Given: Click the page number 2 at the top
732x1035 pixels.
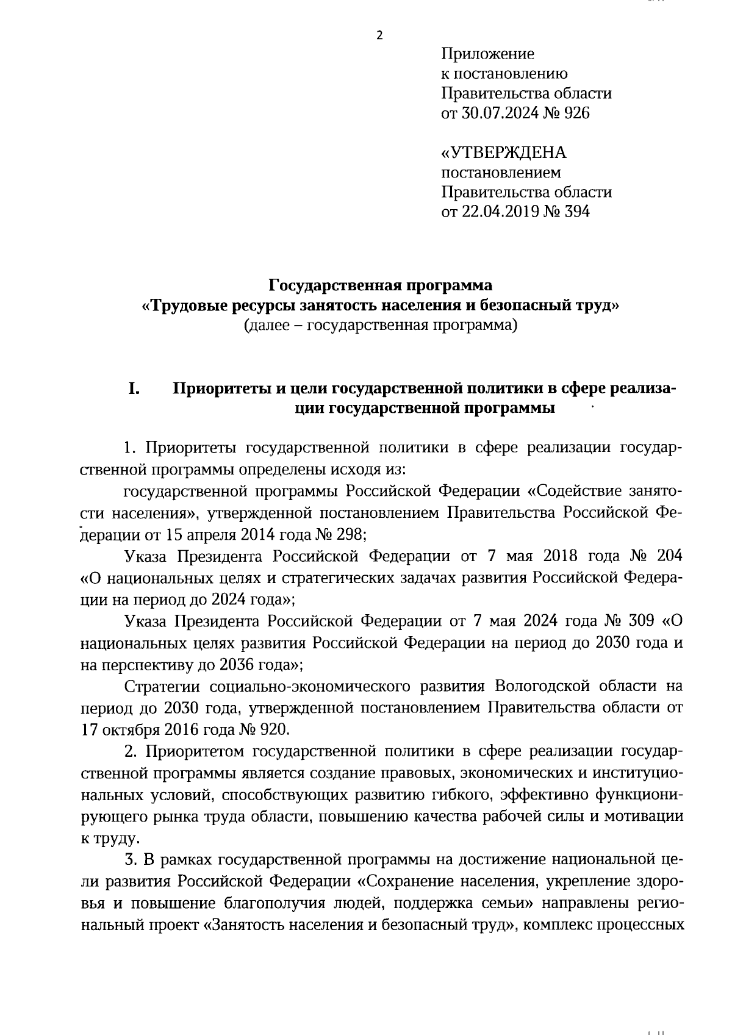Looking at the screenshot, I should pos(379,35).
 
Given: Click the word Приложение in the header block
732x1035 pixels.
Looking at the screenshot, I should pos(487,54).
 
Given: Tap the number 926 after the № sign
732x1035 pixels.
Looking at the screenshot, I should pos(576,113).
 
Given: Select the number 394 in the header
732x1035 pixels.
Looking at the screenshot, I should pos(576,212).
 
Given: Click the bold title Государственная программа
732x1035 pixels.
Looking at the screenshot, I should pos(381,285).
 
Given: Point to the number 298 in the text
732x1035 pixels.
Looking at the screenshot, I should pos(350,535).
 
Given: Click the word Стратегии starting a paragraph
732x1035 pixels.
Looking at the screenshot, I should pos(162,686).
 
